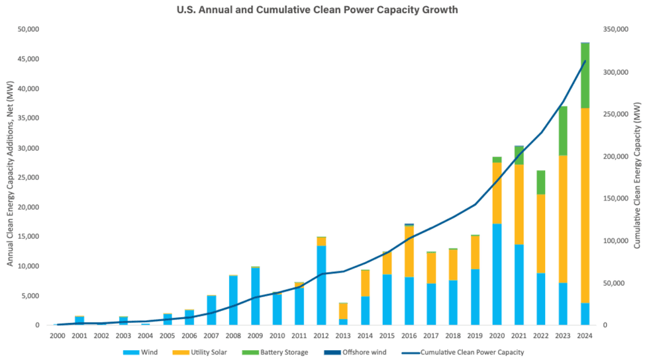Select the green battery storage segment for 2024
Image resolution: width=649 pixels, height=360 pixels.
point(585,75)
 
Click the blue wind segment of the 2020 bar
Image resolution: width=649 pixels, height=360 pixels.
point(497,274)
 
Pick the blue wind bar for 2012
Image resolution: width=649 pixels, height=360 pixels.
point(321,285)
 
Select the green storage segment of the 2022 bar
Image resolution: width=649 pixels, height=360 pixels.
point(541,182)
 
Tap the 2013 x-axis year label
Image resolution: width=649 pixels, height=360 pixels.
point(343,336)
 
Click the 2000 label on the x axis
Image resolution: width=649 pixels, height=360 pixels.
point(58,336)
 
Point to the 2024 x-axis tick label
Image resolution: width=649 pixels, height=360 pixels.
point(585,336)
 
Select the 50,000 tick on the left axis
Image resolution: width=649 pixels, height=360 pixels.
point(28,30)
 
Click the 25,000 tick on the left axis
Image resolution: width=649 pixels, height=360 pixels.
point(28,177)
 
